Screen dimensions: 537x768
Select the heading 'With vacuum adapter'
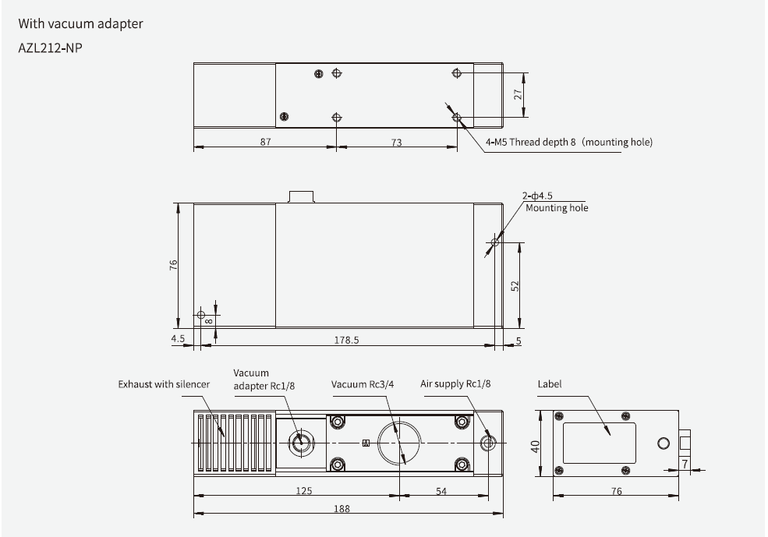tap(81, 23)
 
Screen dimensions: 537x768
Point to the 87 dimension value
tap(265, 142)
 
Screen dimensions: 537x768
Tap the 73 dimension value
tap(396, 142)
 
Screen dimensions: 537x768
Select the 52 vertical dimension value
tap(515, 286)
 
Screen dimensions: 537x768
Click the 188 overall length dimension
tap(341, 508)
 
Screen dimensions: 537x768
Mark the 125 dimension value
tap(303, 490)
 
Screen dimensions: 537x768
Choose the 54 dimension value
tap(441, 490)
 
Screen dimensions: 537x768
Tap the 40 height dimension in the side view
tap(534, 446)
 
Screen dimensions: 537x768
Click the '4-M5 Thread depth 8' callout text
tap(568, 142)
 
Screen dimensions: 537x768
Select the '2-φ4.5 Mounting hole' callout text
tap(555, 202)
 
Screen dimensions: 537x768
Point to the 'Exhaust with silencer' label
tap(164, 384)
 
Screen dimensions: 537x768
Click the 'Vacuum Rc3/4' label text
tap(364, 384)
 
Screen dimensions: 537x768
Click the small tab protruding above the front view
tap(301, 196)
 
